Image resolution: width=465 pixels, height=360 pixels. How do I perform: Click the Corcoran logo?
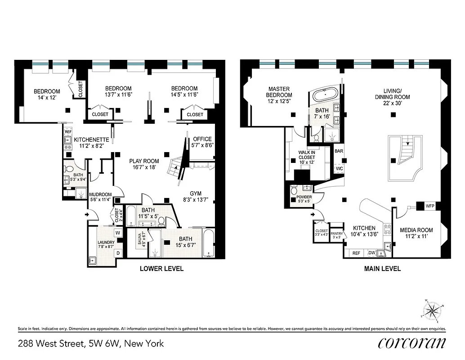tap(412, 343)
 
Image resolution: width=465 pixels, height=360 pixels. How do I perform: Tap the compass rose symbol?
tap(432, 310)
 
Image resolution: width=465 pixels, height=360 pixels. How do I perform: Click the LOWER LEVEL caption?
tap(161, 269)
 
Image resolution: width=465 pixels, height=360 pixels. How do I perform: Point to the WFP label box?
tap(430, 207)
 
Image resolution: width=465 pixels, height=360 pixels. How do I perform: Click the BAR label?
tap(339, 151)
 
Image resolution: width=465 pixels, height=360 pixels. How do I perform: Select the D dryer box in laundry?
tap(118, 253)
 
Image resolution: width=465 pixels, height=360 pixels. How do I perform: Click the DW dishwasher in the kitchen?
tap(372, 253)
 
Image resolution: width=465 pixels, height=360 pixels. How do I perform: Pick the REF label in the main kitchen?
tap(356, 253)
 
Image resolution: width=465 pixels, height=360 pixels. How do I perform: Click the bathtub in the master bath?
tap(324, 95)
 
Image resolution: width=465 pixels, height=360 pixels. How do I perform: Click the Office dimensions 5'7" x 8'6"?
tap(201, 145)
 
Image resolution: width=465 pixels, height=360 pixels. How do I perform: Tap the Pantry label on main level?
tap(336, 234)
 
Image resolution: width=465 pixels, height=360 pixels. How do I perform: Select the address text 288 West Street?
tap(52, 344)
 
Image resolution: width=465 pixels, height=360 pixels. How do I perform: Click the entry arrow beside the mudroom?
tap(87, 215)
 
